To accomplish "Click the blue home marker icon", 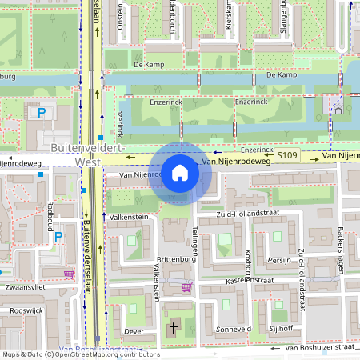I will pyautogui.click(x=180, y=173).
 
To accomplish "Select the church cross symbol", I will pyautogui.click(x=174, y=328).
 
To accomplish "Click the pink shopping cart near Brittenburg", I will pyautogui.click(x=187, y=286).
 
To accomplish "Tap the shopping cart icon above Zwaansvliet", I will pyautogui.click(x=69, y=274).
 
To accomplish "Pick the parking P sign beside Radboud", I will pyautogui.click(x=57, y=236).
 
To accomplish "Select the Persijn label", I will pyautogui.click(x=278, y=260).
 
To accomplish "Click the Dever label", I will pyautogui.click(x=134, y=330).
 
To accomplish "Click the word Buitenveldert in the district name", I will pyautogui.click(x=86, y=149).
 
